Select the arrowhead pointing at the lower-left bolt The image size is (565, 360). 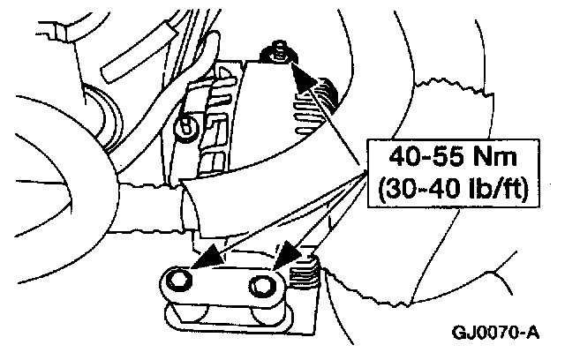click(208, 259)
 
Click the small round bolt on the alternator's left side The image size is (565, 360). click(186, 126)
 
